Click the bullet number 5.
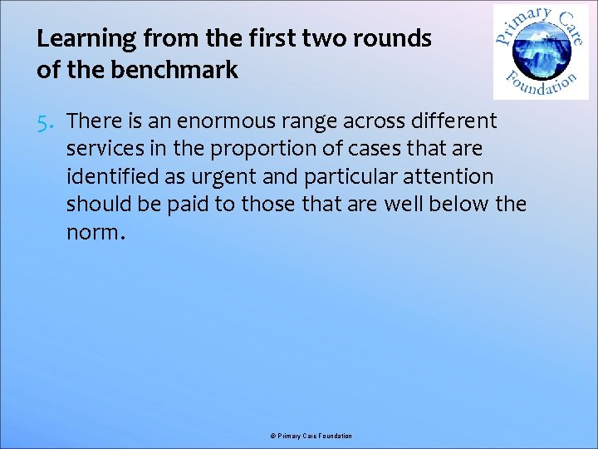[x=47, y=121]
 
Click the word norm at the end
[x=92, y=232]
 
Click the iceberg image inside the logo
[x=541, y=52]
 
